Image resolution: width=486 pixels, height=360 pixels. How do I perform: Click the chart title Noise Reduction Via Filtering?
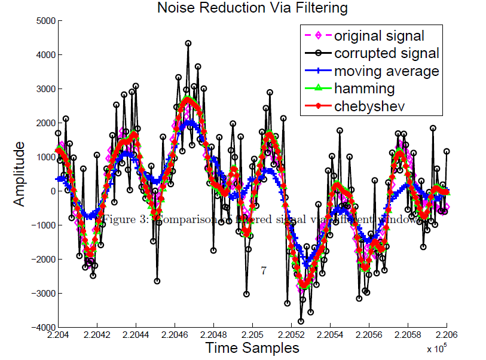(x=252, y=8)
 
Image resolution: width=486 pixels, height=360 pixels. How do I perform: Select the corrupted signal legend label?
(x=387, y=53)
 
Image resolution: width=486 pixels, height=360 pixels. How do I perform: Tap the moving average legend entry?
(x=387, y=71)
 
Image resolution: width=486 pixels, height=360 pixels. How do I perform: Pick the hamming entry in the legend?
(x=364, y=89)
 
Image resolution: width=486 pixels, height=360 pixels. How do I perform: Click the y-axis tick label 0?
(x=52, y=191)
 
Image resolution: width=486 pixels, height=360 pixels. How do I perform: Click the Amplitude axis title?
(x=20, y=174)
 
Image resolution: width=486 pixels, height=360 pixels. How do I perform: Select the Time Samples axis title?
(x=252, y=347)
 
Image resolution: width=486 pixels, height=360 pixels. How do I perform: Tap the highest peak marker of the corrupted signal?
(x=188, y=43)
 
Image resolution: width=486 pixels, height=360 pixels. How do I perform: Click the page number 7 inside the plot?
(x=263, y=270)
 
